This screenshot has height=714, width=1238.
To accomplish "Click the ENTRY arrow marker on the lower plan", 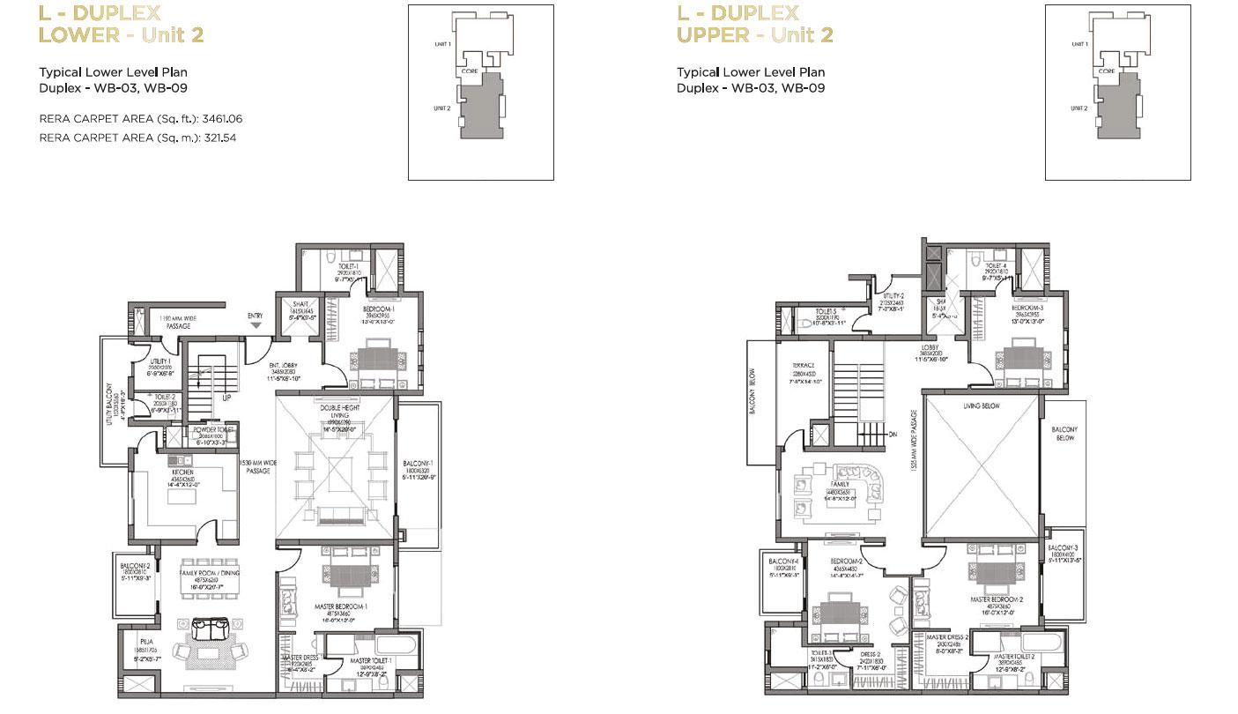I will (256, 324).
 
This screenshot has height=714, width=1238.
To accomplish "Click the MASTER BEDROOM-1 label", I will (341, 607).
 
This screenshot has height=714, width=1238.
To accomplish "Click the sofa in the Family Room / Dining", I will (211, 629).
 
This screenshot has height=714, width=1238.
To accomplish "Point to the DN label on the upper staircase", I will (893, 434).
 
